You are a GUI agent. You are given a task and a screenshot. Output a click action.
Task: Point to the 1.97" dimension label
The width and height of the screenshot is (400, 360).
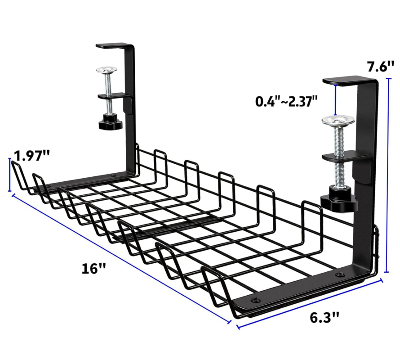[x=31, y=156]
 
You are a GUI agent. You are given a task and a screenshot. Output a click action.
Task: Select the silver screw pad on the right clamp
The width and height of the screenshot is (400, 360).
[x=337, y=121]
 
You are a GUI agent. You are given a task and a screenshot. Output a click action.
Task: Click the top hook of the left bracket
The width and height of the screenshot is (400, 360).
[x=115, y=45]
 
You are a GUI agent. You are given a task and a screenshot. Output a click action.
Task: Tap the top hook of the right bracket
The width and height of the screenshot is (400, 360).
[x=348, y=81]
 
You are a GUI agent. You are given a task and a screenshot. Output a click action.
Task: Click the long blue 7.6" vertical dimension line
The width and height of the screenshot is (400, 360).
[x=388, y=175]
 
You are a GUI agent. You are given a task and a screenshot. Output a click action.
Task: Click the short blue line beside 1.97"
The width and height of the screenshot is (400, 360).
[x=10, y=175]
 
